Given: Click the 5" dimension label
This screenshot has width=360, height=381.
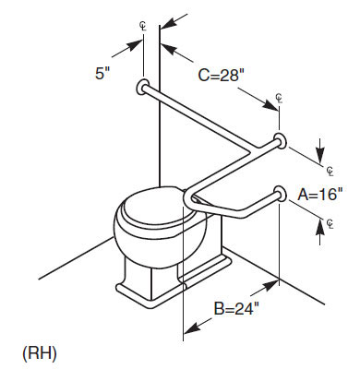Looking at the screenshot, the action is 102,74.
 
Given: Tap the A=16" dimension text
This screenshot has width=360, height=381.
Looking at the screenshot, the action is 320,194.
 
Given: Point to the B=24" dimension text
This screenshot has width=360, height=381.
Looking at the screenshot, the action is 236,308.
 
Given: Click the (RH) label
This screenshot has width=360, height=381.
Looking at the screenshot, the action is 40,353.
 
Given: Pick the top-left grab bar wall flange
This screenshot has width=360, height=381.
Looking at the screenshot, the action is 142,87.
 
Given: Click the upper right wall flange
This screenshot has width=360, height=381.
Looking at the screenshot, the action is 281,141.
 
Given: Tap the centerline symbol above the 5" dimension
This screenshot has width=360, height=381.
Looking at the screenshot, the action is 143,27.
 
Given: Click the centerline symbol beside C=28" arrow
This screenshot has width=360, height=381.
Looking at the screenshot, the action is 279,99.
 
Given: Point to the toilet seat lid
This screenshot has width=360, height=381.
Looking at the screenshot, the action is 157,204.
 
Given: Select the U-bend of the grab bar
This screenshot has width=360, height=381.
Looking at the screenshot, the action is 189,199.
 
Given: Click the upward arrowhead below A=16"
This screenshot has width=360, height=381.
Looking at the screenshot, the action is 320,227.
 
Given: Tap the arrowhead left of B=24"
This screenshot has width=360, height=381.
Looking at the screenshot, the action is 191,327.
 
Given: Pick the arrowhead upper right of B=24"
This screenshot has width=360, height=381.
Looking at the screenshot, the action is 270,285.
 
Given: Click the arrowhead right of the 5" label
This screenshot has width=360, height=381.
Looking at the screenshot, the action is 135,45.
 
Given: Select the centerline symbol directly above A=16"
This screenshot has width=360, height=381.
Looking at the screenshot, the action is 330,172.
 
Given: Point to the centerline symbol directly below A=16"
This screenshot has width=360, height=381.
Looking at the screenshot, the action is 330,224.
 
